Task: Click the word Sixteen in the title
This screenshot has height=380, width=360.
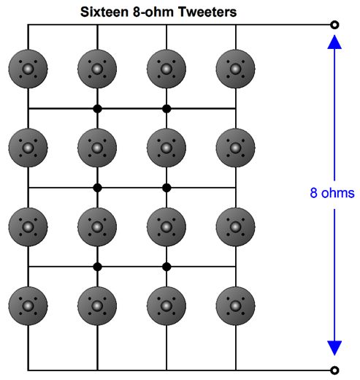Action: pos(104,12)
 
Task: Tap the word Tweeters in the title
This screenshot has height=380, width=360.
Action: pos(207,12)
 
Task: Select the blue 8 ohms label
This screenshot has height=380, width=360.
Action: pos(332,193)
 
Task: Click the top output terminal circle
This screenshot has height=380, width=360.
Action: pos(334,25)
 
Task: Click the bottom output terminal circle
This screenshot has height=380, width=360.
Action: pos(334,370)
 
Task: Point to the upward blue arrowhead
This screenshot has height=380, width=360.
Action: pos(334,42)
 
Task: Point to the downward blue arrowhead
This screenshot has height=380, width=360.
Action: pos(334,349)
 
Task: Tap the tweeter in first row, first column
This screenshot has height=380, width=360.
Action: pos(28,69)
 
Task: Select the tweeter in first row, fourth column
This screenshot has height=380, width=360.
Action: pos(235,69)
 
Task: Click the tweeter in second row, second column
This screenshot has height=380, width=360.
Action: pos(97,148)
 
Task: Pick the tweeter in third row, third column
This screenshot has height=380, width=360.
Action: pos(166,227)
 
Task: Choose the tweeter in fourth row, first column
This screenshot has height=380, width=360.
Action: pos(28,306)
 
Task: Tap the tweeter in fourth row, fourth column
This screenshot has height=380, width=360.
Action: pos(235,306)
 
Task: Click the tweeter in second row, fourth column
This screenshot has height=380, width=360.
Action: pos(235,148)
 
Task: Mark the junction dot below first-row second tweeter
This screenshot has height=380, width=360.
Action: pos(97,109)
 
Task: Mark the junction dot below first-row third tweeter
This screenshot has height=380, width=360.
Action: pos(166,109)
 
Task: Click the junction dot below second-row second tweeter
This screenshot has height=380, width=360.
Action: pos(97,188)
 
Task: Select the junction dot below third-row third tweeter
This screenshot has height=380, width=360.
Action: pos(166,267)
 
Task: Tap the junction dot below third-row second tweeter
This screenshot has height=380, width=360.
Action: pos(97,267)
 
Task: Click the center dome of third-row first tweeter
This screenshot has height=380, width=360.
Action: pos(28,227)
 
